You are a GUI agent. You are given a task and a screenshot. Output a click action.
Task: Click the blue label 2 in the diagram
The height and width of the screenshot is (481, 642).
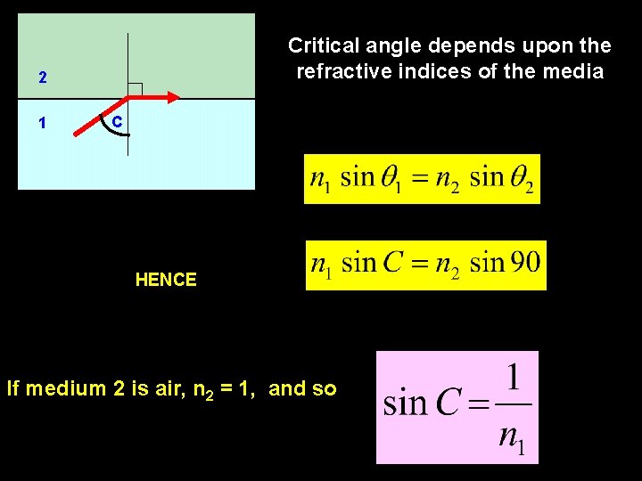click(43, 78)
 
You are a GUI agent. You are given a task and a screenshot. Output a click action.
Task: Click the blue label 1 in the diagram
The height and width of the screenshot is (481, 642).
click(43, 124)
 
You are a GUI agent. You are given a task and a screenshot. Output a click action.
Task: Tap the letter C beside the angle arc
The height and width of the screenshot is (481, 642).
click(117, 120)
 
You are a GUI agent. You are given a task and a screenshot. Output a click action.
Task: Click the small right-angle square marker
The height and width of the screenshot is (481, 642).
click(135, 89)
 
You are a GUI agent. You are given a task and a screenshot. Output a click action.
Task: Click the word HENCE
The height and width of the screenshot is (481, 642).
click(166, 280)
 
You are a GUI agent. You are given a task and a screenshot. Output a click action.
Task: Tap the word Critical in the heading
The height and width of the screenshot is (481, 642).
click(322, 45)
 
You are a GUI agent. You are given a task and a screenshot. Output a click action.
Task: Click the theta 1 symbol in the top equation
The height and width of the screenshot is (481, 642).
click(391, 179)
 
